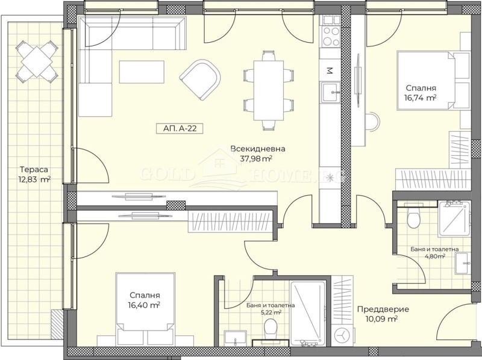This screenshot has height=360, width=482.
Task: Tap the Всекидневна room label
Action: click(x=258, y=149)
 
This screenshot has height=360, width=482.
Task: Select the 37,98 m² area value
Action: click(x=255, y=158)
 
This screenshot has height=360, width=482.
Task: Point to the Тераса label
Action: click(x=34, y=169)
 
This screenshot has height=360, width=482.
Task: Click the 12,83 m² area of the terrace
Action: click(x=34, y=179)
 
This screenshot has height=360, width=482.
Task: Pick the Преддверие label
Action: click(x=383, y=309)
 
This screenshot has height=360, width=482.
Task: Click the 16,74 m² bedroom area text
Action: click(x=421, y=98)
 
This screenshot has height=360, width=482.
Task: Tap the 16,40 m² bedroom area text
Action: click(x=145, y=305)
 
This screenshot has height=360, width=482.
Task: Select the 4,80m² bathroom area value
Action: click(x=434, y=256)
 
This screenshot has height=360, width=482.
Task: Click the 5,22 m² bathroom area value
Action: click(x=270, y=312)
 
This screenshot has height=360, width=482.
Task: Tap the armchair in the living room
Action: click(x=201, y=80)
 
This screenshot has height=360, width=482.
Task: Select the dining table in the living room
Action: click(x=268, y=91)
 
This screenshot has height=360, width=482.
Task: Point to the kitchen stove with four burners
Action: click(x=331, y=36)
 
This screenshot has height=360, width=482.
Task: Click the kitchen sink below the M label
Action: click(x=331, y=92)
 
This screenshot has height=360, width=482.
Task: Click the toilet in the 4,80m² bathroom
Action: click(x=413, y=217)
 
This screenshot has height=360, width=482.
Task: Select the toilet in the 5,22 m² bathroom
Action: click(x=271, y=328)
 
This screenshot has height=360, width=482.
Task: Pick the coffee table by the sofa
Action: click(x=142, y=72)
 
